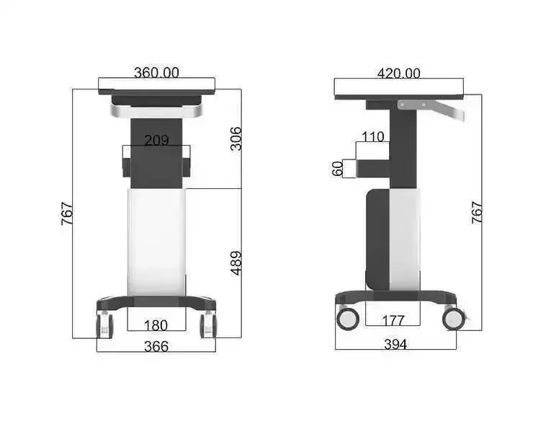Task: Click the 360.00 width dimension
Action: [x=156, y=72]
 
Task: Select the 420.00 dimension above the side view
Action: [x=398, y=73]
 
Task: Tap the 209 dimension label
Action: [x=156, y=140]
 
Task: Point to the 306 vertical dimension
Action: [x=236, y=138]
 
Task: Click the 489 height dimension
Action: [x=236, y=263]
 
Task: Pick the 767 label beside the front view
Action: [x=66, y=214]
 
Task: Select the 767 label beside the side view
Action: [x=477, y=212]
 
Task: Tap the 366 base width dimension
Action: [x=156, y=346]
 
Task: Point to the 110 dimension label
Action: [x=373, y=137]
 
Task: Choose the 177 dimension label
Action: [x=393, y=320]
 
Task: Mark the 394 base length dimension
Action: [x=395, y=345]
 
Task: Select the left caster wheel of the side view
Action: [x=346, y=318]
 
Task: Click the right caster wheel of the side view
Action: [x=454, y=317]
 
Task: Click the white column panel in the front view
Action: [x=156, y=242]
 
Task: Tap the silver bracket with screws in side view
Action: [x=412, y=105]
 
